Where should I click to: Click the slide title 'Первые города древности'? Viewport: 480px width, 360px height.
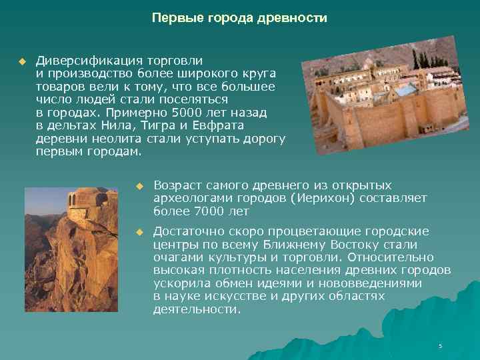(239, 18)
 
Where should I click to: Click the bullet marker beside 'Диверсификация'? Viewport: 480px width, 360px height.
(21, 61)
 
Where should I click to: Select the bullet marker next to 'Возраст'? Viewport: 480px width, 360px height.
(139, 185)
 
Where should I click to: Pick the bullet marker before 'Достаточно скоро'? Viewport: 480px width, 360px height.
(139, 231)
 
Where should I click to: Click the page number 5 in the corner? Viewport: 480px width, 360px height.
(441, 346)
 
